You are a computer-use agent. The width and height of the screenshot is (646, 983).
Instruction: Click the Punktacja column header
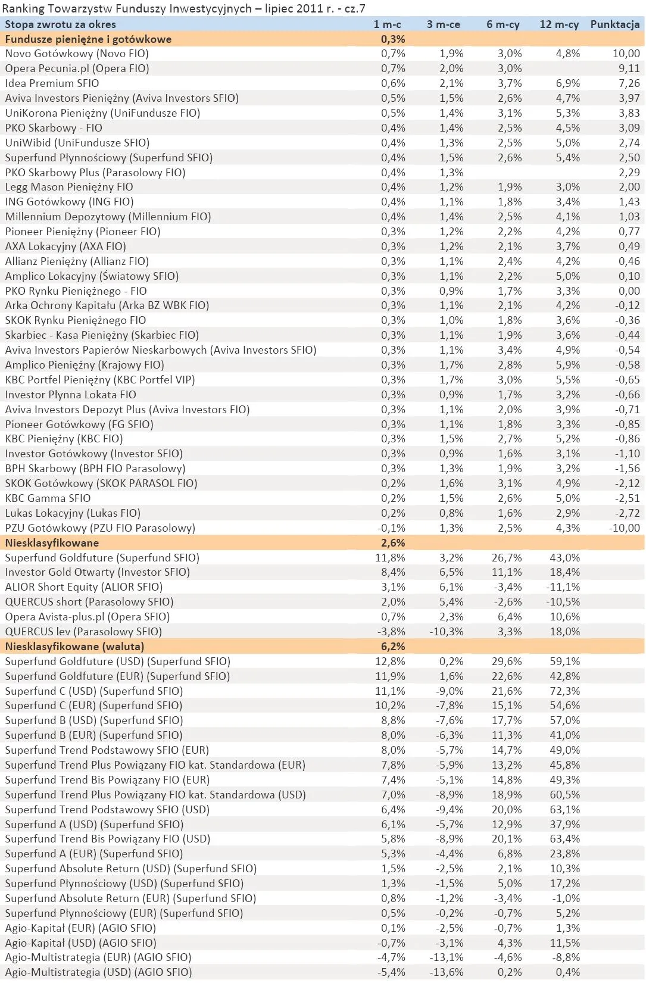(x=614, y=24)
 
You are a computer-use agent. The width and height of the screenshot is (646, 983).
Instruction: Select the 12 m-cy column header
(x=558, y=24)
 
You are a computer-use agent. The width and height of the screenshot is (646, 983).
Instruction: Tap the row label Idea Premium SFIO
(x=52, y=83)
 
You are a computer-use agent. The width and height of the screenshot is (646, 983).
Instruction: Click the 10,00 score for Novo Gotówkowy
(x=626, y=54)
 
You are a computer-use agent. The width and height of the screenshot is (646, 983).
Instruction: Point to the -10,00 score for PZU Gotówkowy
(x=624, y=528)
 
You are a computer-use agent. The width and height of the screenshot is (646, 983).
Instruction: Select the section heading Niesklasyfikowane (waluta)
(x=74, y=647)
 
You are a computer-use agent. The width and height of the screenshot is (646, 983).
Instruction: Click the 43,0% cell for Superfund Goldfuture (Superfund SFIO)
(x=564, y=558)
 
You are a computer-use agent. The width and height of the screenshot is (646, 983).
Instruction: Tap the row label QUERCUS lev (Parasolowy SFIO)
(x=83, y=632)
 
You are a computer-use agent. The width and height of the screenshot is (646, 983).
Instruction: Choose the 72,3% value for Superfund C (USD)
(x=564, y=691)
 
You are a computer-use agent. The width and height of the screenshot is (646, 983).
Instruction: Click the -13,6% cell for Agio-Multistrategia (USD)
(x=446, y=972)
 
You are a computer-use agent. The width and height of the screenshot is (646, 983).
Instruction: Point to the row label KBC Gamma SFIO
(x=48, y=498)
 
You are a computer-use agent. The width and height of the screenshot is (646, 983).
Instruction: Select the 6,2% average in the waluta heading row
(x=392, y=647)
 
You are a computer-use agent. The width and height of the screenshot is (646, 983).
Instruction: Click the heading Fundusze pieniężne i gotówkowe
(x=88, y=39)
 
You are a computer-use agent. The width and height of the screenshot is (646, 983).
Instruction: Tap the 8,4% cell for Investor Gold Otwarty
(x=393, y=572)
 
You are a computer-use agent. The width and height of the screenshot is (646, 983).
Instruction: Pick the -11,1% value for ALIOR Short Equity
(x=563, y=587)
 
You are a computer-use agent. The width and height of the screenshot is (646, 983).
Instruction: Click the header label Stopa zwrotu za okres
(x=60, y=24)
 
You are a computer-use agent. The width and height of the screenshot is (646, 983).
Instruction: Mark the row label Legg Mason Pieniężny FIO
(x=69, y=187)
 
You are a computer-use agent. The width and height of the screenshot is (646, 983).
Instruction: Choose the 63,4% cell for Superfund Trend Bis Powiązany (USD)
(x=564, y=839)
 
